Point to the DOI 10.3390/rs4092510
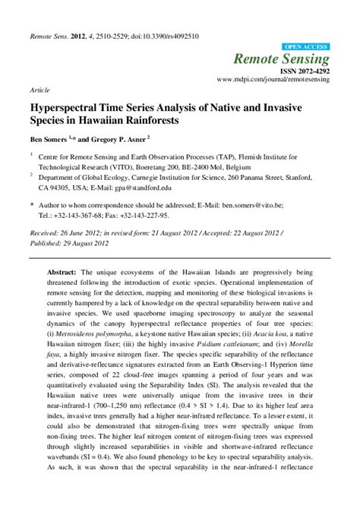(162, 36)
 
